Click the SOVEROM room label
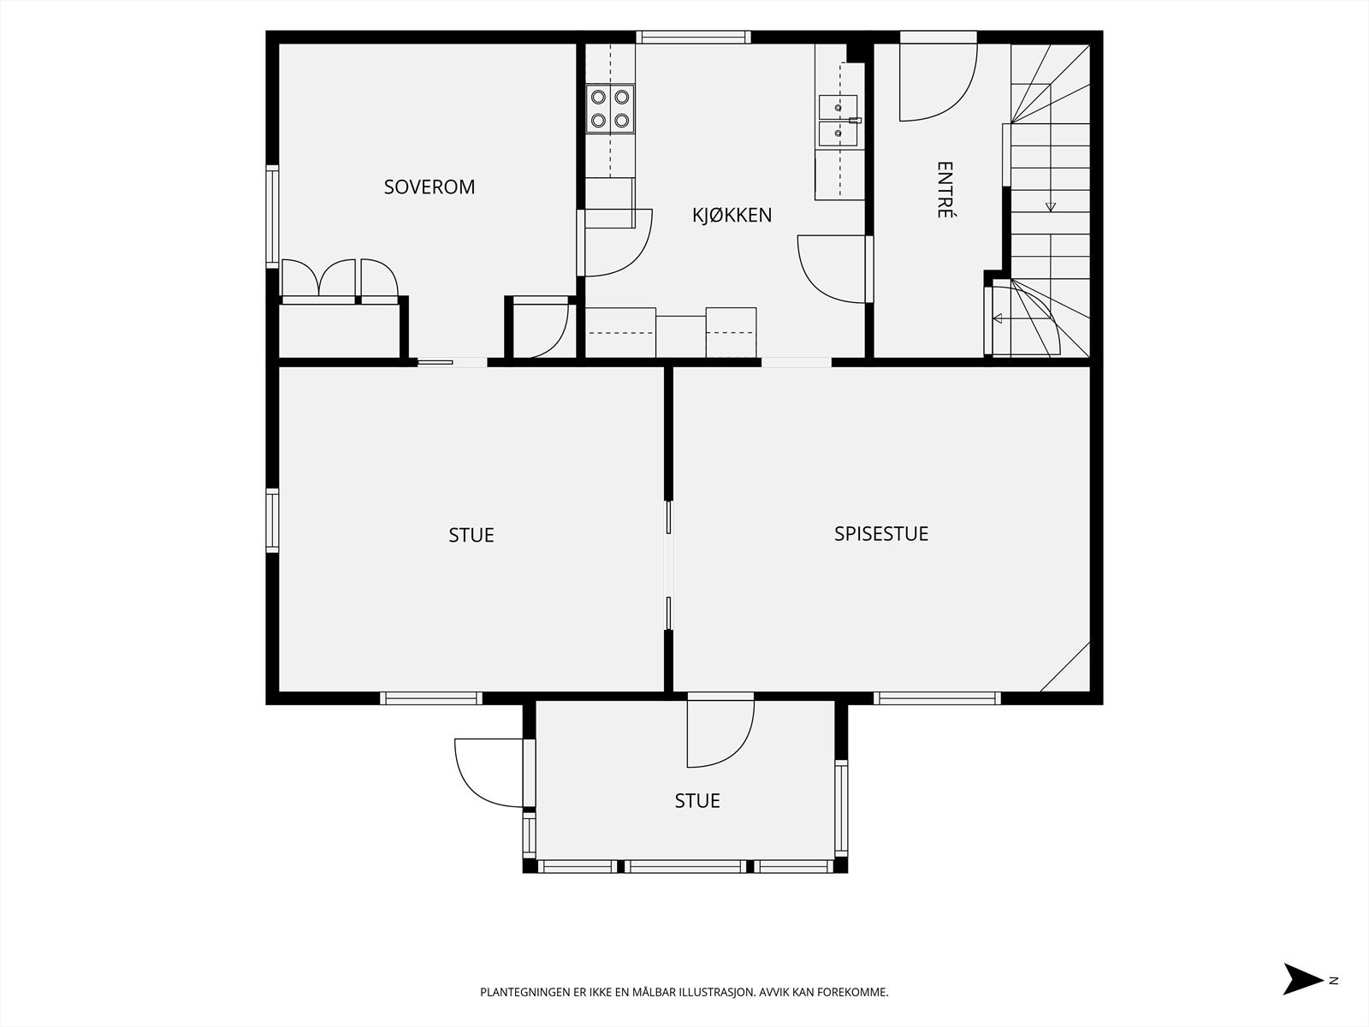tap(430, 187)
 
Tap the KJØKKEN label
tap(732, 215)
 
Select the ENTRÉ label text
tap(945, 189)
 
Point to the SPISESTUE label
tap(881, 534)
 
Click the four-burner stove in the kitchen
tap(610, 109)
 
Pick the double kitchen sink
tap(838, 121)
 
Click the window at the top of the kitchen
tap(693, 37)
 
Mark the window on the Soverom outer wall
tap(272, 217)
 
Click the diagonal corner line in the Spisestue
tap(1064, 667)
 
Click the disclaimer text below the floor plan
tap(684, 992)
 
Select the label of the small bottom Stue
tap(697, 801)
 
